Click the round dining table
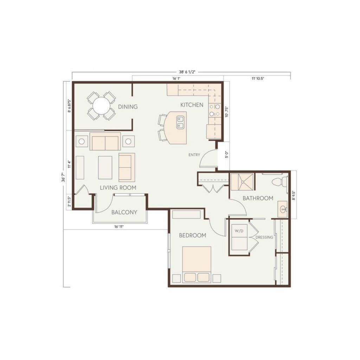(101, 106)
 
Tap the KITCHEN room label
(192, 105)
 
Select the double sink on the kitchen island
(180, 122)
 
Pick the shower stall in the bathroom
(242, 182)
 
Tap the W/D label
(239, 231)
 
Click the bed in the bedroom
(197, 264)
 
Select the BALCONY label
(124, 212)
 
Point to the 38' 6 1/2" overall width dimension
(187, 72)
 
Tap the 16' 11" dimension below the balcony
(119, 227)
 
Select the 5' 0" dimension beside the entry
(227, 154)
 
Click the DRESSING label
(264, 237)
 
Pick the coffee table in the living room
(105, 168)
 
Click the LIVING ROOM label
(118, 188)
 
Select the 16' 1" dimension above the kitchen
(176, 78)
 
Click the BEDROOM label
(193, 236)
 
